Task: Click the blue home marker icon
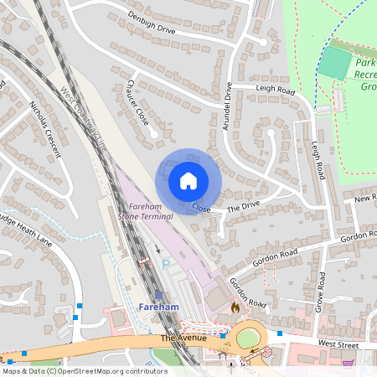[188, 180]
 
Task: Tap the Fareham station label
[158, 307]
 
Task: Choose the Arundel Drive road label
[227, 103]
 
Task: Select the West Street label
[338, 343]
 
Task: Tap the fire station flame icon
[235, 307]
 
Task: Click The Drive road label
[245, 204]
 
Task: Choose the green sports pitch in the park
[336, 64]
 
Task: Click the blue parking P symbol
[165, 263]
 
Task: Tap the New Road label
[365, 199]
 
